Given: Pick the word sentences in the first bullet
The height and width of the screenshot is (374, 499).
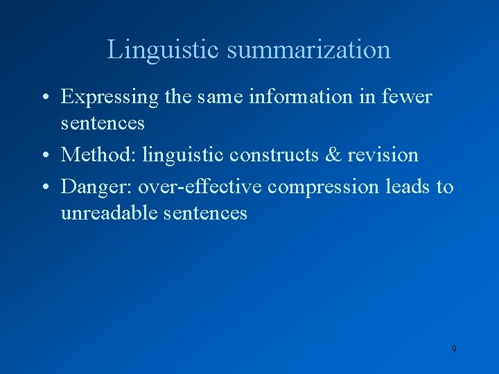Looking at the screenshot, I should (x=103, y=123).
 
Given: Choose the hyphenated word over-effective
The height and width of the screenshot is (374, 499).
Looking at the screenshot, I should (x=200, y=186).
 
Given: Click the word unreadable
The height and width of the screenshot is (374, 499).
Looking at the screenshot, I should (x=110, y=212).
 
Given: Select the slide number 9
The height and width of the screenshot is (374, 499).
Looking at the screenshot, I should (x=454, y=349).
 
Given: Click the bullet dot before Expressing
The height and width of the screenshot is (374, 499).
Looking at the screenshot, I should (x=44, y=98).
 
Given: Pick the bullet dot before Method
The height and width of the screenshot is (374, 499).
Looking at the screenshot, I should (x=44, y=155).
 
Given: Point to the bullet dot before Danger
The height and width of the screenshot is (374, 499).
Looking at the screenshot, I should (x=44, y=187).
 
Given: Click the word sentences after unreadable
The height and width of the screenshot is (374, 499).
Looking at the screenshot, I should (x=206, y=212).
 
